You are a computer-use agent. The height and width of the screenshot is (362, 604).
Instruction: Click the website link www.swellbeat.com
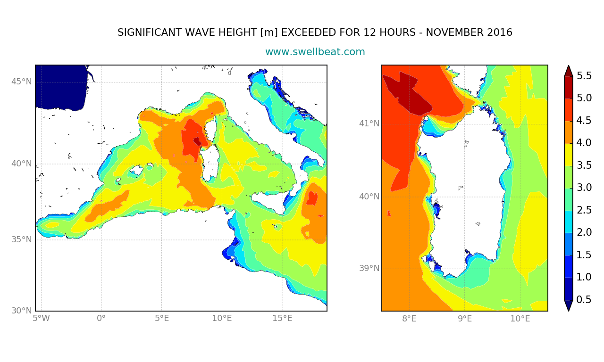(x=315, y=52)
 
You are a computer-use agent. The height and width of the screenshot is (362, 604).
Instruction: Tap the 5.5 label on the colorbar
(x=584, y=76)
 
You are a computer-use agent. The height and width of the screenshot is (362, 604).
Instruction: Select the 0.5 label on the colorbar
(x=584, y=299)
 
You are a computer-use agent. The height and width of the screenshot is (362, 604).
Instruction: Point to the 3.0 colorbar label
(x=584, y=188)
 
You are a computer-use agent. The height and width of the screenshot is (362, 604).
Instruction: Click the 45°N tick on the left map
(x=22, y=82)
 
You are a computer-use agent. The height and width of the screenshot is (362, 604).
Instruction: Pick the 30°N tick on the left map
(x=22, y=311)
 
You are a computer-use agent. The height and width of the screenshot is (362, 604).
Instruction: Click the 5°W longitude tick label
(x=41, y=318)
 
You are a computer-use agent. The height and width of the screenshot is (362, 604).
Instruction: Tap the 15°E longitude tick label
(x=282, y=318)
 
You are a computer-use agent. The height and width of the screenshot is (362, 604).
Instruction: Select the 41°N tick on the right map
(x=369, y=123)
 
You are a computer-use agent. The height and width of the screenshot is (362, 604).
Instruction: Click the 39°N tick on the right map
(x=369, y=268)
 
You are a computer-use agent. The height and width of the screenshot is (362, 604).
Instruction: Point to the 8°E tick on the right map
(x=409, y=319)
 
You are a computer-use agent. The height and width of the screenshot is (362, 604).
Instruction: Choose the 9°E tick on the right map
(x=465, y=319)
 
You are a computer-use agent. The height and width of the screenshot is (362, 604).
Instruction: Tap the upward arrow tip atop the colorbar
(x=569, y=66)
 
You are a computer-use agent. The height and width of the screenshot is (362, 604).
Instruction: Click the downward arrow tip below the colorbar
(x=569, y=311)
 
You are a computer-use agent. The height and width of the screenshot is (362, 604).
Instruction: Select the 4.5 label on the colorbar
(x=584, y=120)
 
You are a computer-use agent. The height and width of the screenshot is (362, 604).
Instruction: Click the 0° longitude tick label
(x=101, y=318)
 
